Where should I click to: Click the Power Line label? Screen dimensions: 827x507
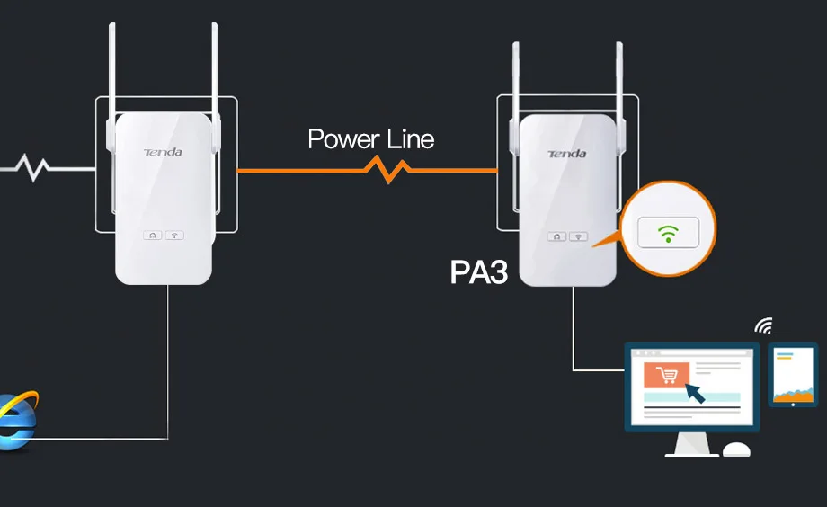point(370,138)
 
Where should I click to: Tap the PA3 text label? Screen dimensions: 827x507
point(479,272)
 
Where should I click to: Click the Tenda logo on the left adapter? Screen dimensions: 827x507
point(163,152)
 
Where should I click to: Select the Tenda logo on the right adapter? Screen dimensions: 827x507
point(567,154)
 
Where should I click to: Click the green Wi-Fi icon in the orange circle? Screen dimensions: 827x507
point(668,233)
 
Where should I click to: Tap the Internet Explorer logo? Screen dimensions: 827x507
point(18,421)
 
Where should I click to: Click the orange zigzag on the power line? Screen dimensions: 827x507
point(388,170)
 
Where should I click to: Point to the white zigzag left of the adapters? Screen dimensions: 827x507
point(32,167)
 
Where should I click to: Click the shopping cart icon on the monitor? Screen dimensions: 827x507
point(667,375)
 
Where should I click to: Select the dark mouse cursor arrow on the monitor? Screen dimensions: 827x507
point(695,393)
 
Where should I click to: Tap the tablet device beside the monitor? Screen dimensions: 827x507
point(793,375)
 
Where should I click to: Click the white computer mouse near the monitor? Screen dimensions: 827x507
point(736,449)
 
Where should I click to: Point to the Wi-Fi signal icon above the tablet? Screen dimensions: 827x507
point(764,325)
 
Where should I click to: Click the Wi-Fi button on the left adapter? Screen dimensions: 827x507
point(174,236)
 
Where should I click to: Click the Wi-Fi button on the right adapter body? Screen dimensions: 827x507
point(579,236)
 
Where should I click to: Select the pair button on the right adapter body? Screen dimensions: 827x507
point(556,236)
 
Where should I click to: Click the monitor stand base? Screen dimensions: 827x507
point(691,454)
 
